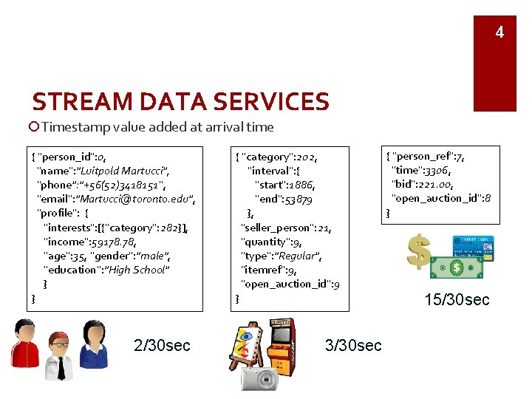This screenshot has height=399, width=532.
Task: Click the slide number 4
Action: pyautogui.click(x=499, y=33)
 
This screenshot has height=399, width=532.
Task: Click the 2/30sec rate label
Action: pyautogui.click(x=162, y=344)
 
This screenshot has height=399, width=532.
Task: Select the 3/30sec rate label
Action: pyautogui.click(x=353, y=344)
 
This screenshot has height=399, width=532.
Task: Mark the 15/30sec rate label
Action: pyautogui.click(x=457, y=299)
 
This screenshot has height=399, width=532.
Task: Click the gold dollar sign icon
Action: pyautogui.click(x=420, y=250)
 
